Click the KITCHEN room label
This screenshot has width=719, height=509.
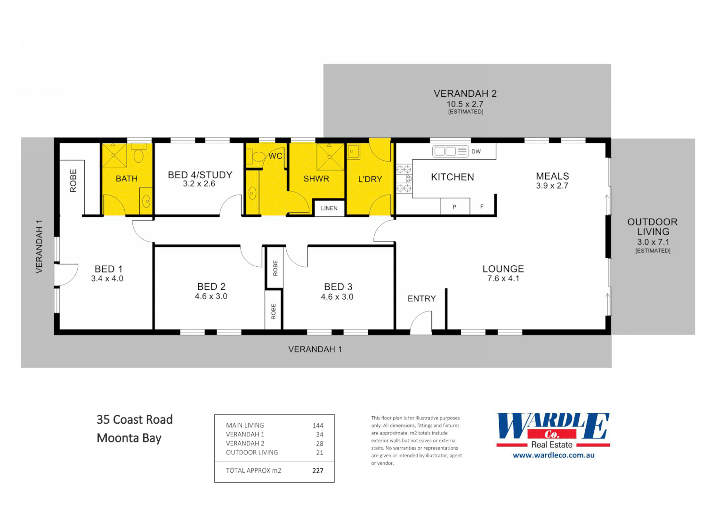point(452,177)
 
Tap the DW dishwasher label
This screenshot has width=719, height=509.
point(476,151)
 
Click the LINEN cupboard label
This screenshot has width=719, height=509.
point(329,208)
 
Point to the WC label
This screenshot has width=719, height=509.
point(275,156)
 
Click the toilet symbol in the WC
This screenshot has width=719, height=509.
point(258,156)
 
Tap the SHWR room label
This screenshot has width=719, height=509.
point(316,179)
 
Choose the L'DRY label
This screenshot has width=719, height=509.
point(370,180)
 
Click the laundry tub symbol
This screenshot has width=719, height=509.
point(353,152)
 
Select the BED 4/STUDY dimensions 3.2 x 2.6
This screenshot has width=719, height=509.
point(199,184)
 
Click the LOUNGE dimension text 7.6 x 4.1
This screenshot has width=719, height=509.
point(503,279)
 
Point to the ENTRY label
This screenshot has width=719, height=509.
point(421,299)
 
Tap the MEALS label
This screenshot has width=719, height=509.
point(552,176)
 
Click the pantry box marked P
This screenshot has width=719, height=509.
point(454,207)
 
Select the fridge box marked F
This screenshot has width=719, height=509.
point(482,207)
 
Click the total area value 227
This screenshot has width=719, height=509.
point(318,470)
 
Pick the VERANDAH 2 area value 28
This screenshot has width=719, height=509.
point(320,443)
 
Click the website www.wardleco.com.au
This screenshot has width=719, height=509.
point(553,455)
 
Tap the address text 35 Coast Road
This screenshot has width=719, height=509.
point(135,419)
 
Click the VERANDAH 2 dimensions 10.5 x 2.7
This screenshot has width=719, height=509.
point(465,104)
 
